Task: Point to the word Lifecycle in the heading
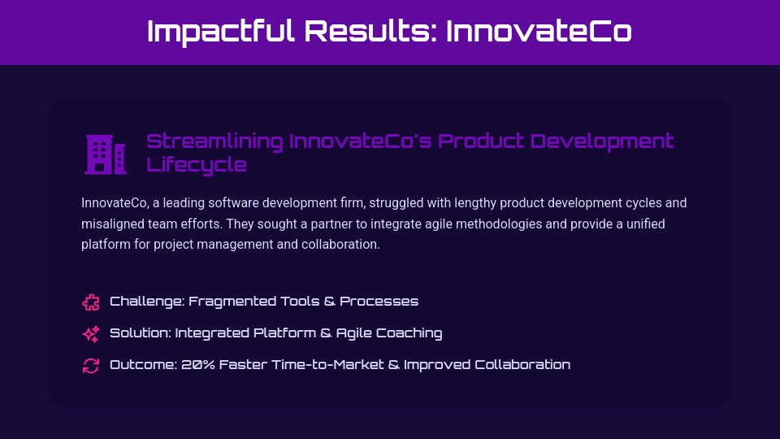(197, 165)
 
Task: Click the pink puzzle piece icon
(91, 302)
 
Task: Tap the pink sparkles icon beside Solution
(91, 334)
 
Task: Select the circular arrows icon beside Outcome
(91, 366)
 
